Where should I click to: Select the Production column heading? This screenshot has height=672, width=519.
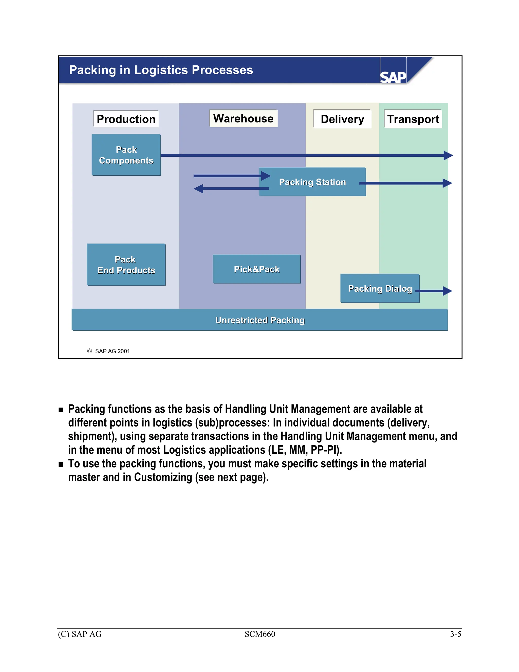pyautogui.click(x=126, y=119)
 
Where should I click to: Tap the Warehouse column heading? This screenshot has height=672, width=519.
pyautogui.click(x=243, y=118)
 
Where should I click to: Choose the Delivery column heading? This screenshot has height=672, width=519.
pyautogui.click(x=342, y=119)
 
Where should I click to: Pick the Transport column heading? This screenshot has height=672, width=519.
pyautogui.click(x=413, y=119)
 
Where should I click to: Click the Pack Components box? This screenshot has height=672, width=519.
pyautogui.click(x=126, y=155)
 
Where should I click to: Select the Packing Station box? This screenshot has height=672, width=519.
pyautogui.click(x=312, y=182)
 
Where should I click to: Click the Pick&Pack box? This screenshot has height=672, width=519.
pyautogui.click(x=257, y=269)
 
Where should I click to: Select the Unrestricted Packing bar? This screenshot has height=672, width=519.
pyautogui.click(x=260, y=320)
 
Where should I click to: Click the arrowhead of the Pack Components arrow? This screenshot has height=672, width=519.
pyautogui.click(x=448, y=155)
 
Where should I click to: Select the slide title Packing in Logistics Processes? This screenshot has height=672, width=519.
pyautogui.click(x=161, y=70)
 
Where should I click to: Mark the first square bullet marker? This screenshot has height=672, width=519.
pyautogui.click(x=61, y=410)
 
